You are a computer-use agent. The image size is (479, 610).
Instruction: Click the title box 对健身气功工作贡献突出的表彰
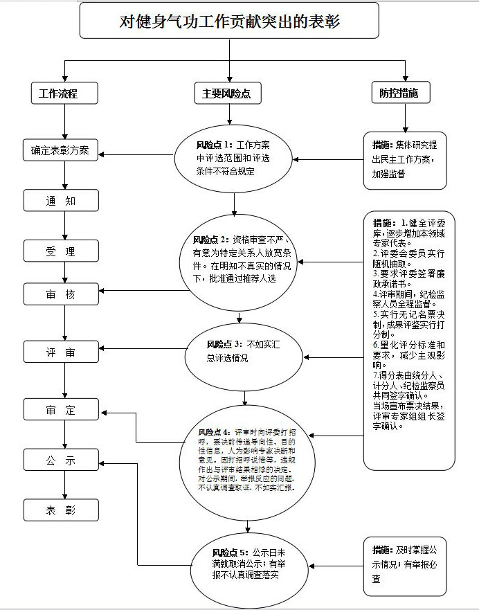coord(229,21)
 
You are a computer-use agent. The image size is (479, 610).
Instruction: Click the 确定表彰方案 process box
coord(61,150)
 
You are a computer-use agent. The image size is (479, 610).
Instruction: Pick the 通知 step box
coord(61,201)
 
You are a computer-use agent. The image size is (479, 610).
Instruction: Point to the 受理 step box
coord(61,251)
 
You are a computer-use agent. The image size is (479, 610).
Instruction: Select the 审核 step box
coord(61,294)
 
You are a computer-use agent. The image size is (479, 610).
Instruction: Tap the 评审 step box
coord(61,352)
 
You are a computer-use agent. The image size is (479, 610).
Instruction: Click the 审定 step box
coord(61,410)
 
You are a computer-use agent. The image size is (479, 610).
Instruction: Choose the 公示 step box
coord(61,460)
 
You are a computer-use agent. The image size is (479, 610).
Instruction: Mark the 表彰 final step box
coord(61,510)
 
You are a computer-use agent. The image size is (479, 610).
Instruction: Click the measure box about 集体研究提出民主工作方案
coord(405,160)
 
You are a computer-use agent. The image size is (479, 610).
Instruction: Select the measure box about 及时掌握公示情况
coord(405,565)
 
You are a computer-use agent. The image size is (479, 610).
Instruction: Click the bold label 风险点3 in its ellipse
coord(222,344)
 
